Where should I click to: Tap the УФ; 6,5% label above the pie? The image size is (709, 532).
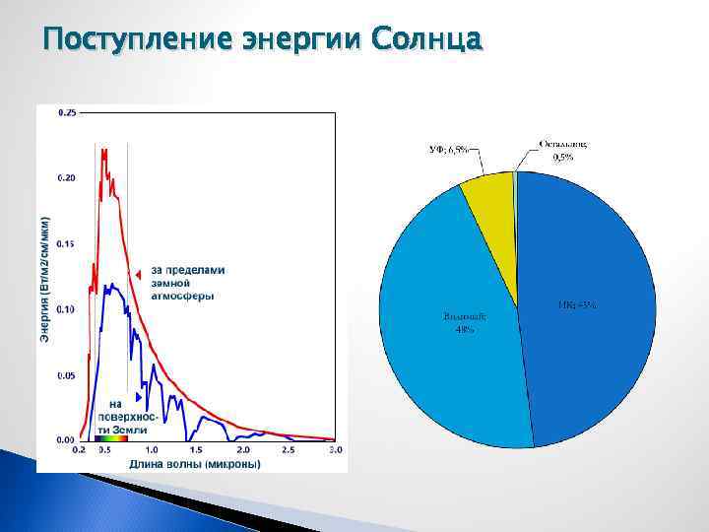[447, 150]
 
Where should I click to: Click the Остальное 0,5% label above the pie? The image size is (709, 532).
[563, 149]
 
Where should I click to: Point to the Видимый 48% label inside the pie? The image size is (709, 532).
[464, 322]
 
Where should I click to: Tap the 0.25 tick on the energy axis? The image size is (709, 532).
[66, 113]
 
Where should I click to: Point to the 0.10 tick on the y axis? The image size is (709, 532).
[66, 308]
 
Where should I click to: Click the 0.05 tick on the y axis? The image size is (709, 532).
[66, 374]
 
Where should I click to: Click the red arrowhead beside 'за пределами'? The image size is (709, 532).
[141, 273]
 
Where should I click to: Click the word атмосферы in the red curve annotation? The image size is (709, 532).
[182, 296]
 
